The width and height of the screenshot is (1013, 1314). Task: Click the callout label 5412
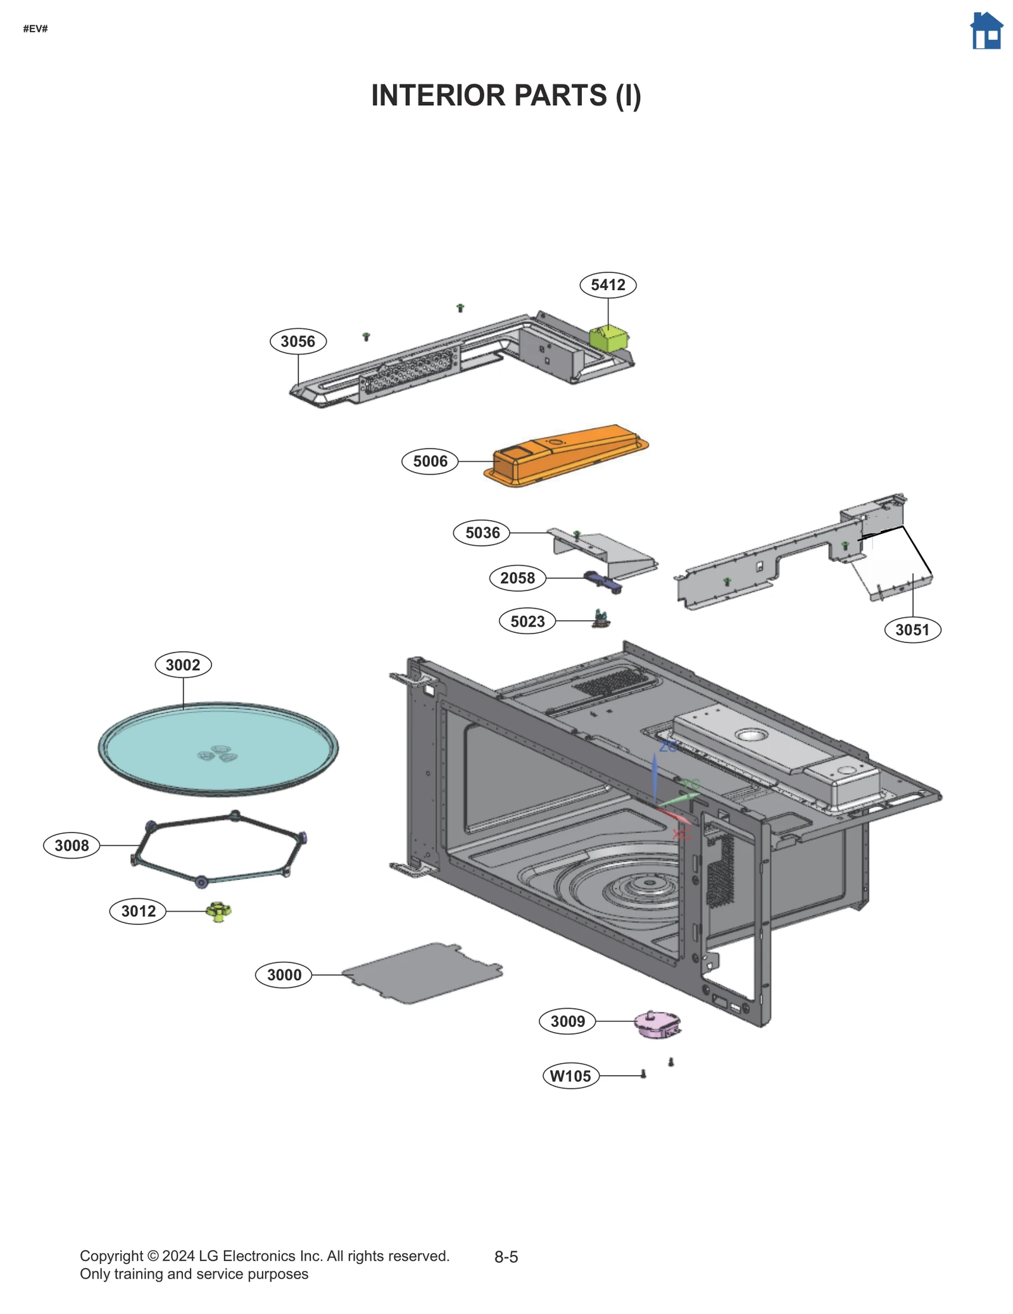click(607, 284)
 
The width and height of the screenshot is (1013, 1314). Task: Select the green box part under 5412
click(608, 338)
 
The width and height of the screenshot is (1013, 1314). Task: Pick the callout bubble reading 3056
click(298, 341)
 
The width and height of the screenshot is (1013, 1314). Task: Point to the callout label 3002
click(183, 664)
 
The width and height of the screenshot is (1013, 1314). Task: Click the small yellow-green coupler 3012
click(218, 911)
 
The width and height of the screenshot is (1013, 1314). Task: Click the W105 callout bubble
click(570, 1075)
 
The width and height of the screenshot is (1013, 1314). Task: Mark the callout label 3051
click(912, 629)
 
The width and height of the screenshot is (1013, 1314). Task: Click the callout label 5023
click(527, 621)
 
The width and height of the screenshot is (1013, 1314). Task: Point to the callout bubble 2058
click(517, 577)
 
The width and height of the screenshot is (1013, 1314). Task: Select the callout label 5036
click(482, 532)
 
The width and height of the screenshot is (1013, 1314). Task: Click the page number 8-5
click(506, 1256)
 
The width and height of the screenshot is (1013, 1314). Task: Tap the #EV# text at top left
click(35, 29)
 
